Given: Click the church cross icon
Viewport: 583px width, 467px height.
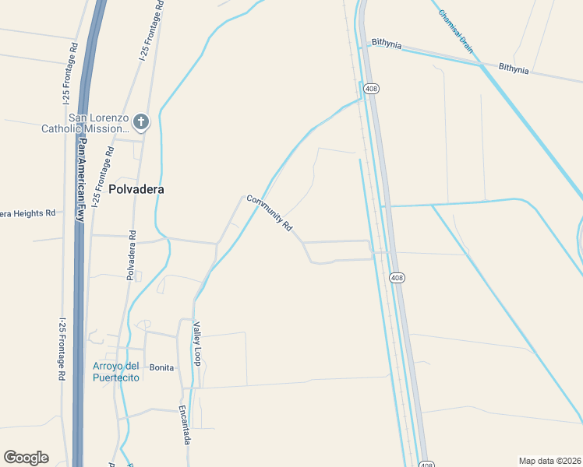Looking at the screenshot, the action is click(x=140, y=121).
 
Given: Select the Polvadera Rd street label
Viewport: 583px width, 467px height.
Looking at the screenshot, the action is click(x=132, y=255).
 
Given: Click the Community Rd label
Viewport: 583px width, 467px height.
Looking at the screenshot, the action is click(x=269, y=212).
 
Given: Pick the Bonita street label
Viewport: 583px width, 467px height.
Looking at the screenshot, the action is click(x=161, y=367).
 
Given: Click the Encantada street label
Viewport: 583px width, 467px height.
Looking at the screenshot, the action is click(x=186, y=425).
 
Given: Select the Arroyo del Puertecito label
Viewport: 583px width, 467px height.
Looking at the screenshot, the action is click(x=115, y=371).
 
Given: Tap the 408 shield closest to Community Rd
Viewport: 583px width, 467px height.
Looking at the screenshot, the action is click(x=397, y=278).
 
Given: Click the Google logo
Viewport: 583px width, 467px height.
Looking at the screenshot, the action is click(x=26, y=458).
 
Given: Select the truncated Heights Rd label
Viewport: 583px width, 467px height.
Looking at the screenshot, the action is click(x=28, y=212).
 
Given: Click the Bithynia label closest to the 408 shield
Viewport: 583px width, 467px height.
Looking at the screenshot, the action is click(x=387, y=44).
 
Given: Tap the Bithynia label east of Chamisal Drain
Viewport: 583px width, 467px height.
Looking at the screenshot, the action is click(x=514, y=69).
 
